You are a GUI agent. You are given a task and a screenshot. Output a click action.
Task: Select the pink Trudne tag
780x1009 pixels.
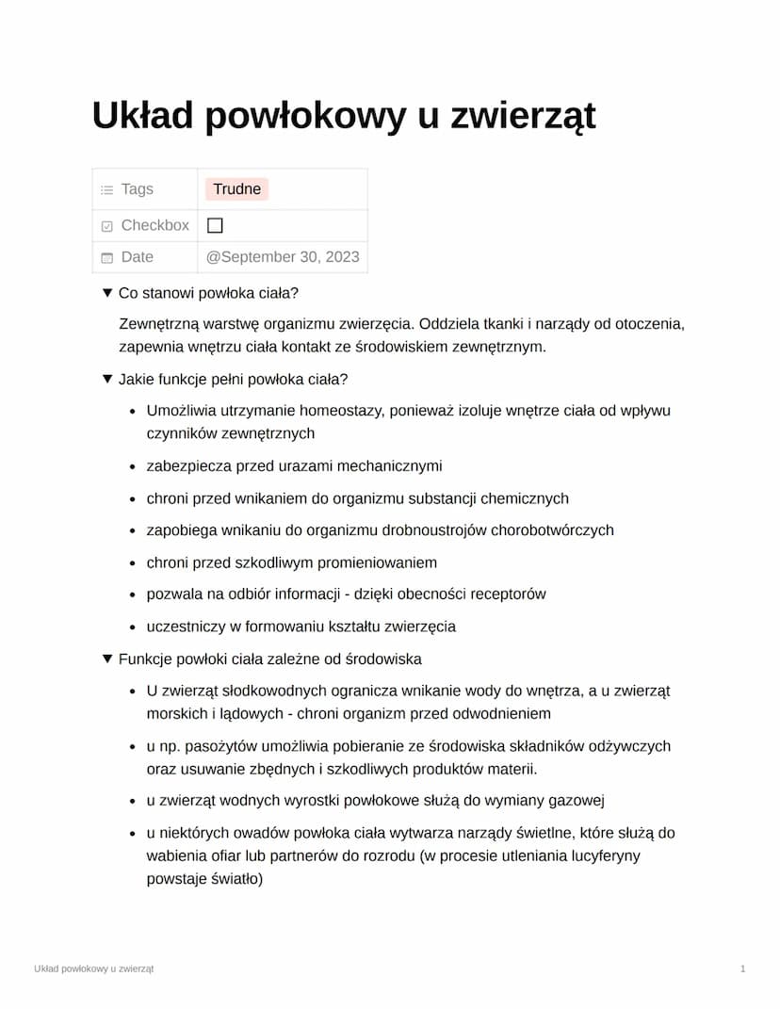pyautogui.click(x=236, y=189)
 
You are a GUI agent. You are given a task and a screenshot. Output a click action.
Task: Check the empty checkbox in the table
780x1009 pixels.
pyautogui.click(x=215, y=225)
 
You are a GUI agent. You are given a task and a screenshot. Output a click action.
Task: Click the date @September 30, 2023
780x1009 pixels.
pyautogui.click(x=283, y=256)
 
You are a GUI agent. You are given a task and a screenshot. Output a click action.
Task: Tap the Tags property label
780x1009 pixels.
pyautogui.click(x=137, y=189)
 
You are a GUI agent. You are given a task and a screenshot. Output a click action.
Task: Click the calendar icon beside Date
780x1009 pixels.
pyautogui.click(x=106, y=257)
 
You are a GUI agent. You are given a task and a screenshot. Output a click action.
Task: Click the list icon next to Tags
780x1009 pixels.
pyautogui.click(x=106, y=189)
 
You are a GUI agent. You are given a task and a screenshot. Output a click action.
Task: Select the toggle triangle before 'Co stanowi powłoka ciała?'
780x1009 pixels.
pyautogui.click(x=107, y=293)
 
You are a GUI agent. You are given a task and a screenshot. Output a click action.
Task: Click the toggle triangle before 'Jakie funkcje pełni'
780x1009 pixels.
pyautogui.click(x=107, y=379)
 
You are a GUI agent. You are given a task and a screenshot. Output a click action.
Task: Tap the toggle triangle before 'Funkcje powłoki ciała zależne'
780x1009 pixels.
pyautogui.click(x=107, y=659)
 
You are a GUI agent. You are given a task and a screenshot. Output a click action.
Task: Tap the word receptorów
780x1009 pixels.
pyautogui.click(x=506, y=594)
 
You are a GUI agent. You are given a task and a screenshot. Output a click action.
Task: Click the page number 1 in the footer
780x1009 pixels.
pyautogui.click(x=743, y=968)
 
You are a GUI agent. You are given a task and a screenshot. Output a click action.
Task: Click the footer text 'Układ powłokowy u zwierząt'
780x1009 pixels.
pyautogui.click(x=93, y=968)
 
